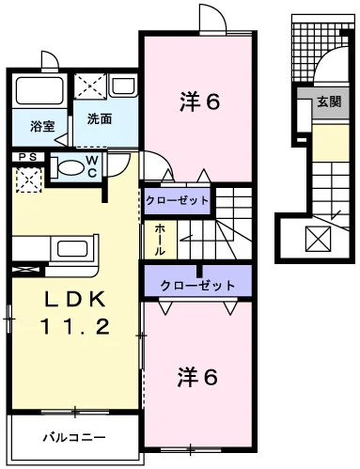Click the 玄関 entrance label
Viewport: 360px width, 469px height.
click(329, 102)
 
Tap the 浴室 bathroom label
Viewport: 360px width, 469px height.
click(42, 126)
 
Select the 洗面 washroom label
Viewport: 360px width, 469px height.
click(100, 118)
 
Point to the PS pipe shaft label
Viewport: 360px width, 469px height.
click(28, 157)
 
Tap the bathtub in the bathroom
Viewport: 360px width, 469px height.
click(39, 91)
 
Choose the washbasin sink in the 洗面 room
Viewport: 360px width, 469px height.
click(123, 86)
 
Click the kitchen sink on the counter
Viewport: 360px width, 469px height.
click(72, 249)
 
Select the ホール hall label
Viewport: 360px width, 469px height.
click(160, 240)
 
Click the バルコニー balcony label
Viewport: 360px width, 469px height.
click(74, 437)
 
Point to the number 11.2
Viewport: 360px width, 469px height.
click(74, 326)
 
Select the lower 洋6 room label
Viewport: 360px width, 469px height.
click(197, 377)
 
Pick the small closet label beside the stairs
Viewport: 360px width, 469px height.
click(177, 200)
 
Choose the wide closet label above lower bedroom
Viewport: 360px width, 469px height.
click(197, 285)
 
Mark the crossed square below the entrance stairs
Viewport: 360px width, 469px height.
click(318, 239)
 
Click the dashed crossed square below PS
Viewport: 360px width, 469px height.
click(29, 180)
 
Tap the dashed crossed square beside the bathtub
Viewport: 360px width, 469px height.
click(90, 86)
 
